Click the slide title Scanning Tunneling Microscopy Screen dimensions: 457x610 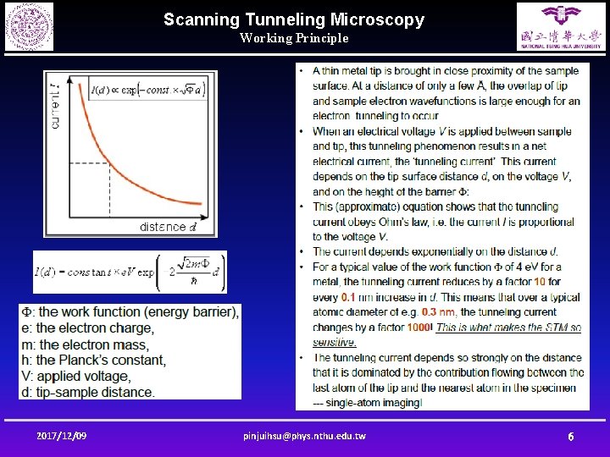(x=293, y=19)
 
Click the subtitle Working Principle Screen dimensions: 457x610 (x=293, y=38)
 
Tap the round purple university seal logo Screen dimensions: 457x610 (x=29, y=26)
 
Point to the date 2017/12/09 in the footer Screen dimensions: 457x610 (x=61, y=436)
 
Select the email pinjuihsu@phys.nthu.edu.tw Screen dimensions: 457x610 (x=304, y=436)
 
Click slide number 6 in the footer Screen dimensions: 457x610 (x=570, y=437)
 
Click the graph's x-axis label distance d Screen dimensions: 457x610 (x=168, y=227)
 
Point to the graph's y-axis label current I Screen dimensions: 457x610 (x=55, y=106)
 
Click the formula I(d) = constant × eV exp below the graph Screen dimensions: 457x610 (x=130, y=273)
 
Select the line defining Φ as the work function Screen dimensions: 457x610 (x=130, y=312)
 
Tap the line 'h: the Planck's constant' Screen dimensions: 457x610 (x=93, y=361)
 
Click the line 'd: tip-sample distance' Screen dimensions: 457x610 (x=88, y=393)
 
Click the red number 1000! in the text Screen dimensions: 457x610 (x=418, y=328)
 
